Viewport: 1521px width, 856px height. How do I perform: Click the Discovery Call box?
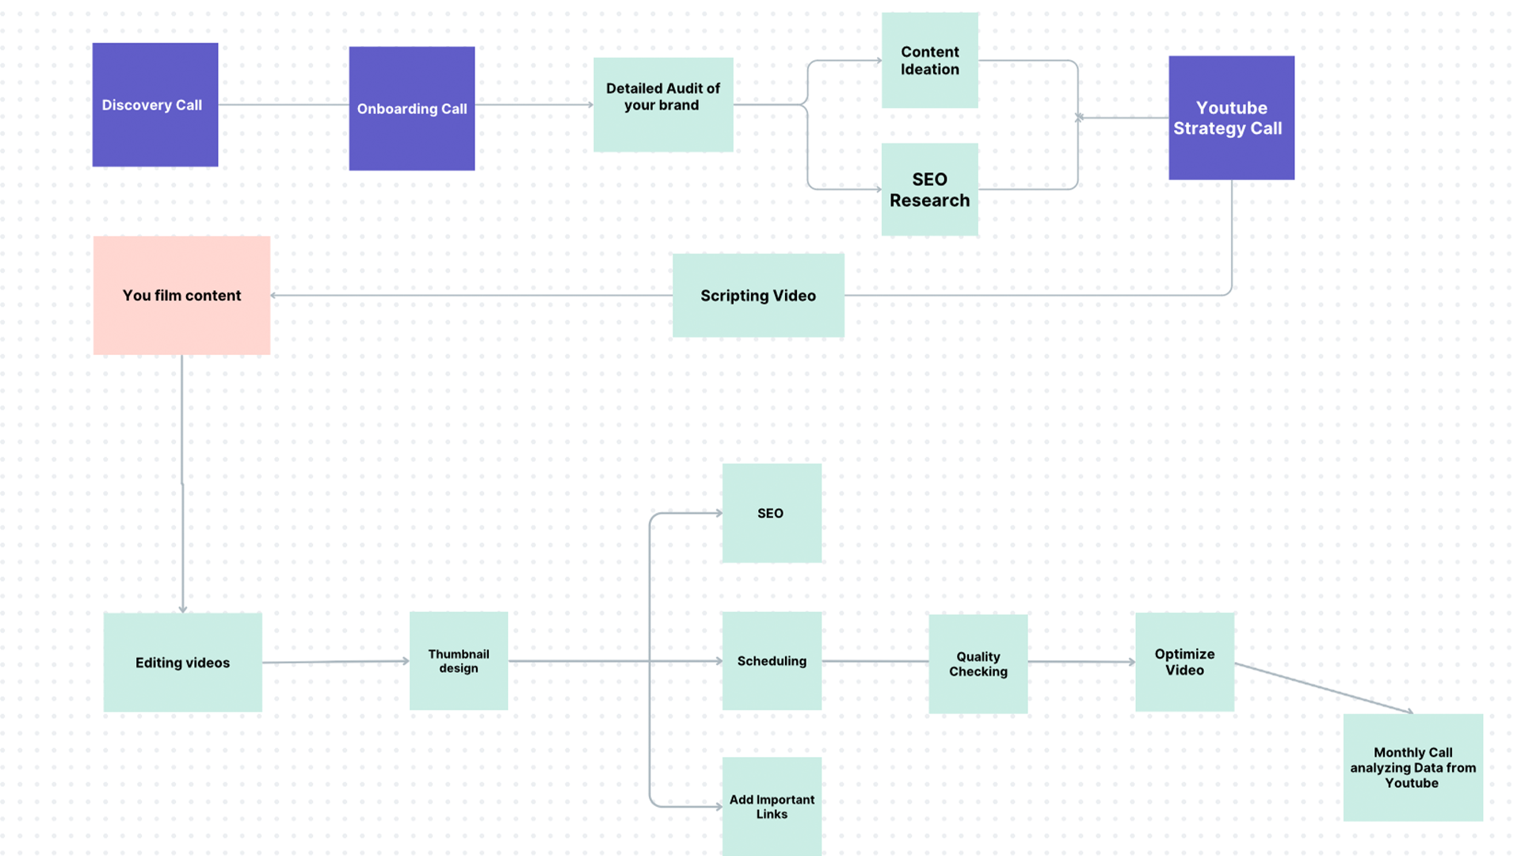pyautogui.click(x=155, y=105)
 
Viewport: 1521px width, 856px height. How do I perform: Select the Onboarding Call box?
pyautogui.click(x=412, y=109)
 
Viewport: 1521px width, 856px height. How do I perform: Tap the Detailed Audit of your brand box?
pyautogui.click(x=663, y=105)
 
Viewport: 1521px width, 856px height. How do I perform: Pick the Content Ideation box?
pyautogui.click(x=929, y=60)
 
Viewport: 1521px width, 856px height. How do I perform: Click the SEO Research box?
pyautogui.click(x=929, y=189)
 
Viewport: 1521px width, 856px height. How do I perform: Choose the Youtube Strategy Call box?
pyautogui.click(x=1231, y=118)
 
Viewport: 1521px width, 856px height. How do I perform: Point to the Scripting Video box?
pyautogui.click(x=758, y=296)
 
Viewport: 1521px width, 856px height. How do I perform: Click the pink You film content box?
pyautogui.click(x=181, y=296)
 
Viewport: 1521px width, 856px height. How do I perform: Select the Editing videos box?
pyautogui.click(x=182, y=663)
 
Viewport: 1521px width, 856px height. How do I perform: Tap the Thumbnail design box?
pyautogui.click(x=459, y=661)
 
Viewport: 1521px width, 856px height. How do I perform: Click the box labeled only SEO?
pyautogui.click(x=772, y=514)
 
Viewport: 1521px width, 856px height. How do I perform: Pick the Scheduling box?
pyautogui.click(x=772, y=661)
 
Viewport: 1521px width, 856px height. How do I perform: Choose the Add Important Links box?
pyautogui.click(x=772, y=806)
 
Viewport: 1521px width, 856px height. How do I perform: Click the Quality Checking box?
pyautogui.click(x=978, y=664)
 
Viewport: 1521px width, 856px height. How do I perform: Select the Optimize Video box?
pyautogui.click(x=1184, y=662)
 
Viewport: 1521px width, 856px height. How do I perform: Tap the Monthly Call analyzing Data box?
pyautogui.click(x=1412, y=767)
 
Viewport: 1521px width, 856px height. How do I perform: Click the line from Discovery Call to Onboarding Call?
pyautogui.click(x=284, y=105)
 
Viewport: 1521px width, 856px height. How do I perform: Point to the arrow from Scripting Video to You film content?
pyautogui.click(x=471, y=296)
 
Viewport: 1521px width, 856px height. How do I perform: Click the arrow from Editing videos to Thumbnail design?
pyautogui.click(x=336, y=662)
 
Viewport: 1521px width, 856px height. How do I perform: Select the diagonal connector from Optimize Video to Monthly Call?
pyautogui.click(x=1323, y=688)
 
